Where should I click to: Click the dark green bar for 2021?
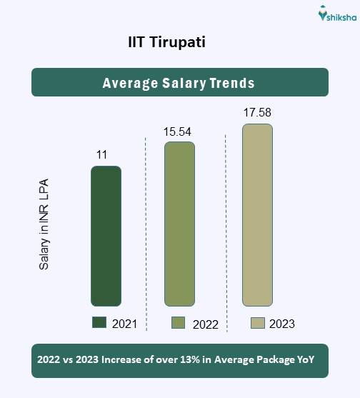106,236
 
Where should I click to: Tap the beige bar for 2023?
257,215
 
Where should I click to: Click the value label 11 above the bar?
103,154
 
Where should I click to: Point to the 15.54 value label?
179,131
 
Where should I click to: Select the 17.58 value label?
257,113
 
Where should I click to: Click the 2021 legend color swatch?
99,323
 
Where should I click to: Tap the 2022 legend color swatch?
179,323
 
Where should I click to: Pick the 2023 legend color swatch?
258,323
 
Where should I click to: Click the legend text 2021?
125,324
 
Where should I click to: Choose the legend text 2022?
206,324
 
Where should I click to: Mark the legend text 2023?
282,324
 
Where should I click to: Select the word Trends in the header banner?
231,83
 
